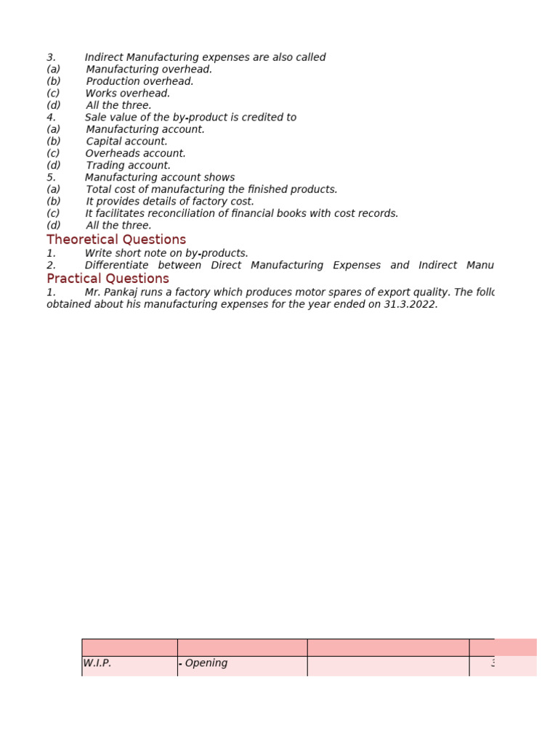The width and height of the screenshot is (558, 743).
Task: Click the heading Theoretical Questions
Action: point(116,239)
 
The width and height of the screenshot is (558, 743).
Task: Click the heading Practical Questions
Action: point(108,279)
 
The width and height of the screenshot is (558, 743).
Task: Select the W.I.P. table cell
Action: point(97,663)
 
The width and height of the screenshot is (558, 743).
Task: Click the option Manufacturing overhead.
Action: point(149,70)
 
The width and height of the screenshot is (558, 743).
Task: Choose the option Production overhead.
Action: point(139,81)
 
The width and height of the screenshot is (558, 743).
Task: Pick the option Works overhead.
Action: point(128,94)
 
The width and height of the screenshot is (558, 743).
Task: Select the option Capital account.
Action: point(126,141)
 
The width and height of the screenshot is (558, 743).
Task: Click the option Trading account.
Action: point(128,165)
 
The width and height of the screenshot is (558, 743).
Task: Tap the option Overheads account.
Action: point(136,154)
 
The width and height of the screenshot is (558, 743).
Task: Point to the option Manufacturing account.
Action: point(145,129)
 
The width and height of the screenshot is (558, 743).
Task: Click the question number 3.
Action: point(51,57)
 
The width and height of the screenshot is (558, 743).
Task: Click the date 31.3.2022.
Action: point(411,305)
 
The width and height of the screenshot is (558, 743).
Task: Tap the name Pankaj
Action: point(124,292)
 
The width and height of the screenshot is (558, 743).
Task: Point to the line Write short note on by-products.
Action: point(166,253)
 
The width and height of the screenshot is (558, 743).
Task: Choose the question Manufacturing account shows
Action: point(160,178)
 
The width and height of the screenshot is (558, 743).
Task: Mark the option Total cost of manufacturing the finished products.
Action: point(211,189)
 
